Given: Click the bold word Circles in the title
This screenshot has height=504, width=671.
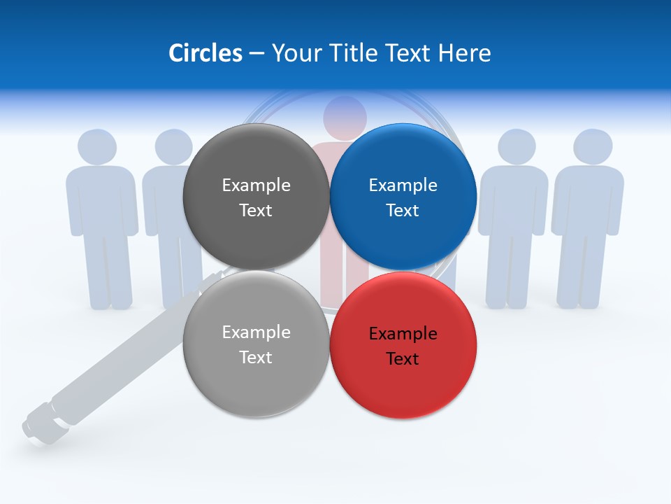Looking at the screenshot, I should pos(205,53).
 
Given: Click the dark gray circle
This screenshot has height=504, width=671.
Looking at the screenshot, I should pos(256,197).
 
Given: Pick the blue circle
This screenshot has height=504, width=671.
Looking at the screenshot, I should pos(403,197).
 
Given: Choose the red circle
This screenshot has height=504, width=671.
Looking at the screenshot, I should pos(403,345).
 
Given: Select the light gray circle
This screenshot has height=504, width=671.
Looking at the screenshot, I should pos(256,345).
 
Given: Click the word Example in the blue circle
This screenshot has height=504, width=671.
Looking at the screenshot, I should pos(403,185).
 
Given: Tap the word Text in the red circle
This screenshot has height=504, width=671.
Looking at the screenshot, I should pos(403,359).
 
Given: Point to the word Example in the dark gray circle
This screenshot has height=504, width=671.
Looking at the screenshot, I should pos(256,185).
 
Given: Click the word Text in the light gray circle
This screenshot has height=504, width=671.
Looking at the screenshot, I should pos(256,358).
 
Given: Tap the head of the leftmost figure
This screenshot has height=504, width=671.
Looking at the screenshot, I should pos(96,148).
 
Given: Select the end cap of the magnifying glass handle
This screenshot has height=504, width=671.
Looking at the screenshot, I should pos(34,426).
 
